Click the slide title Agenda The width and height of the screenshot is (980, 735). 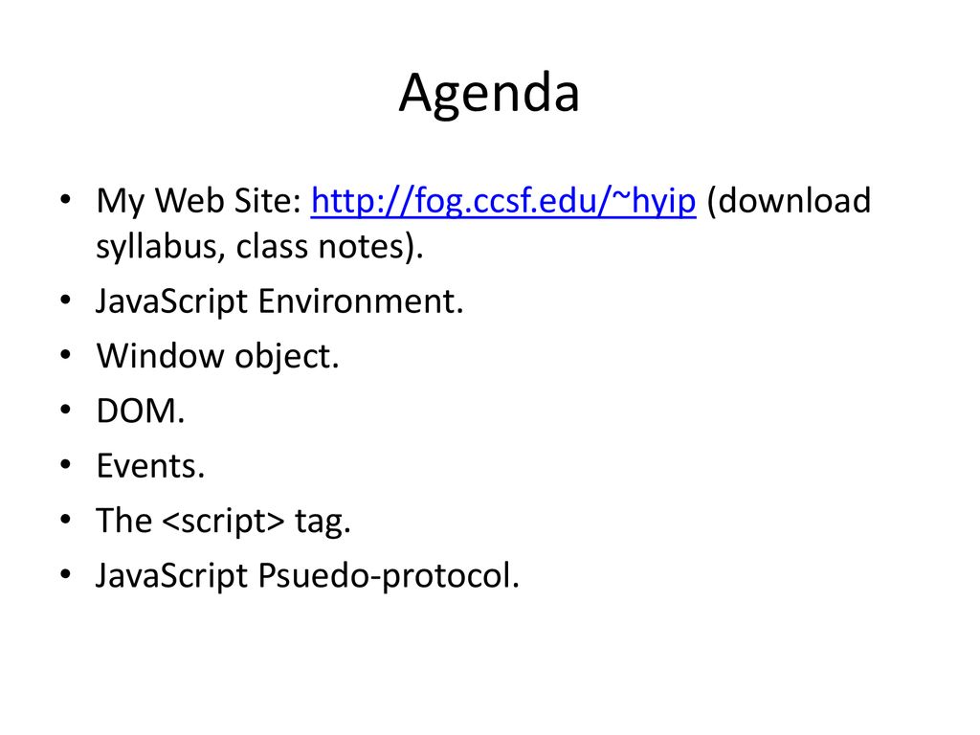click(x=489, y=94)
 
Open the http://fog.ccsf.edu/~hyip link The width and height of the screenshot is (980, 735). click(x=503, y=201)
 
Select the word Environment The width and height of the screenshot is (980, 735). click(x=361, y=301)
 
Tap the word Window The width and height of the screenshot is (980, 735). click(x=160, y=356)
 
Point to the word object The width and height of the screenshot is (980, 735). click(x=287, y=357)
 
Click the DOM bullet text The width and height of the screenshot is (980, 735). click(x=141, y=412)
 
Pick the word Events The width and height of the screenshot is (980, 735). click(x=150, y=466)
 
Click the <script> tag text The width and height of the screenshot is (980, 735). click(x=223, y=522)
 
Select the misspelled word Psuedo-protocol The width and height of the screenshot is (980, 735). click(x=389, y=575)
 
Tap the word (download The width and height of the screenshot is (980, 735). click(x=789, y=201)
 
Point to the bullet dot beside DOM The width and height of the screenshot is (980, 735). click(x=66, y=411)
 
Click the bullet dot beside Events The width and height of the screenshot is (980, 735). click(x=66, y=466)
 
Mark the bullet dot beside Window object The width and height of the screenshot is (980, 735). click(x=66, y=356)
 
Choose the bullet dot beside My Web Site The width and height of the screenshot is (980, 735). click(x=66, y=200)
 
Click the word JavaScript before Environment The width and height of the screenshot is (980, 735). click(x=172, y=302)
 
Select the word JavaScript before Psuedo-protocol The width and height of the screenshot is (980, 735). click(x=172, y=576)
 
